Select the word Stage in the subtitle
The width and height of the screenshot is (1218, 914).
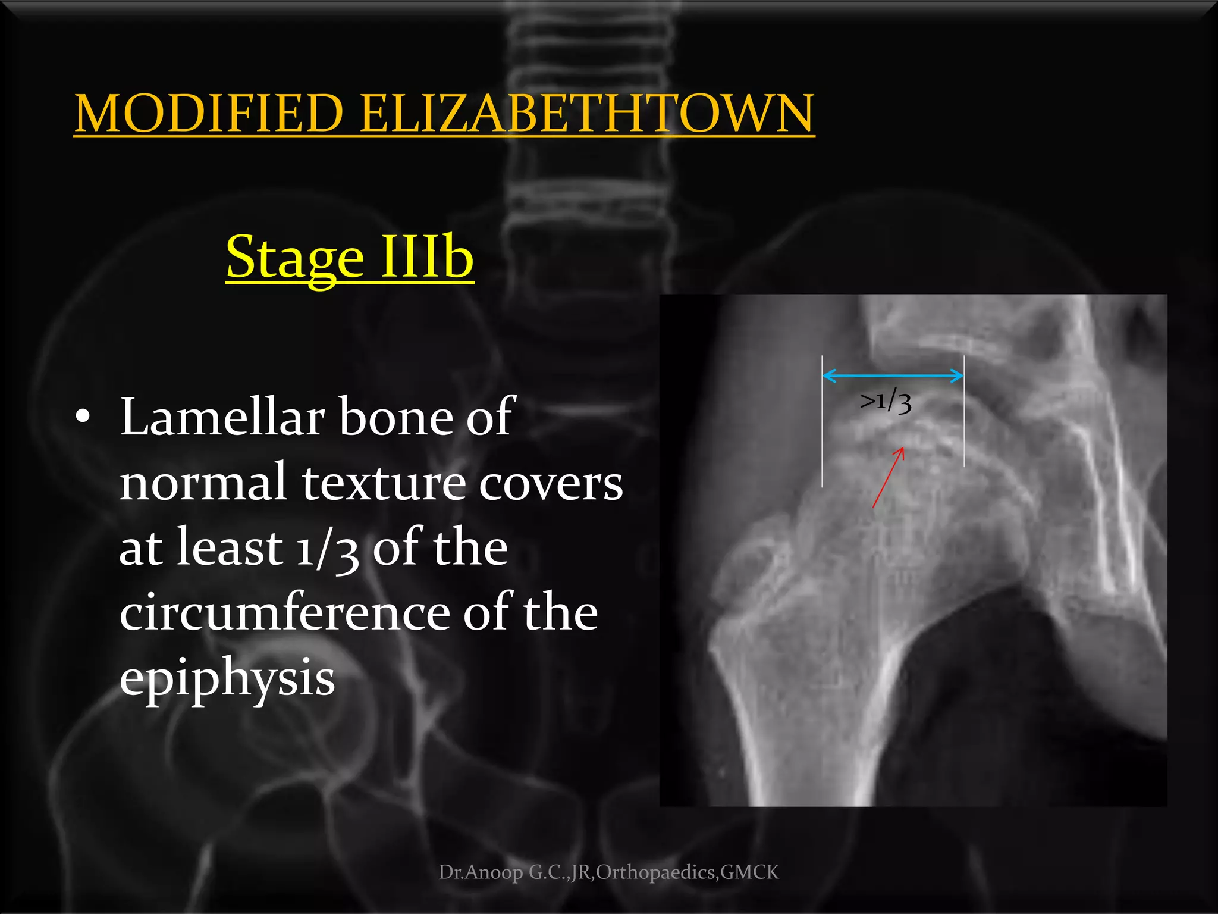(x=295, y=258)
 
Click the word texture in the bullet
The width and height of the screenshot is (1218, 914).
(x=384, y=483)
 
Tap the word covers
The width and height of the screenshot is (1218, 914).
(x=551, y=484)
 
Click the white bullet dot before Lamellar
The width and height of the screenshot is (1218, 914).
(x=83, y=416)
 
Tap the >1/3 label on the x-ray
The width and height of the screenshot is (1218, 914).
(x=886, y=402)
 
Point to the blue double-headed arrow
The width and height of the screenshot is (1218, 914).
(x=893, y=375)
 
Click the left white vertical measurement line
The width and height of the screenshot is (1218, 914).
(x=823, y=422)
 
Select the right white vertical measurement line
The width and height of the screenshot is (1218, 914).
(x=963, y=411)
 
